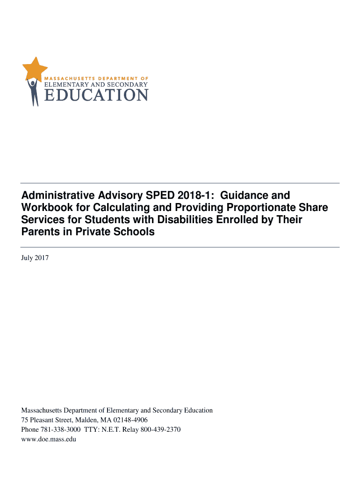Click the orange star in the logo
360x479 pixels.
(x=35, y=68)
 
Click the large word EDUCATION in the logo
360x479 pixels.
(x=96, y=95)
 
